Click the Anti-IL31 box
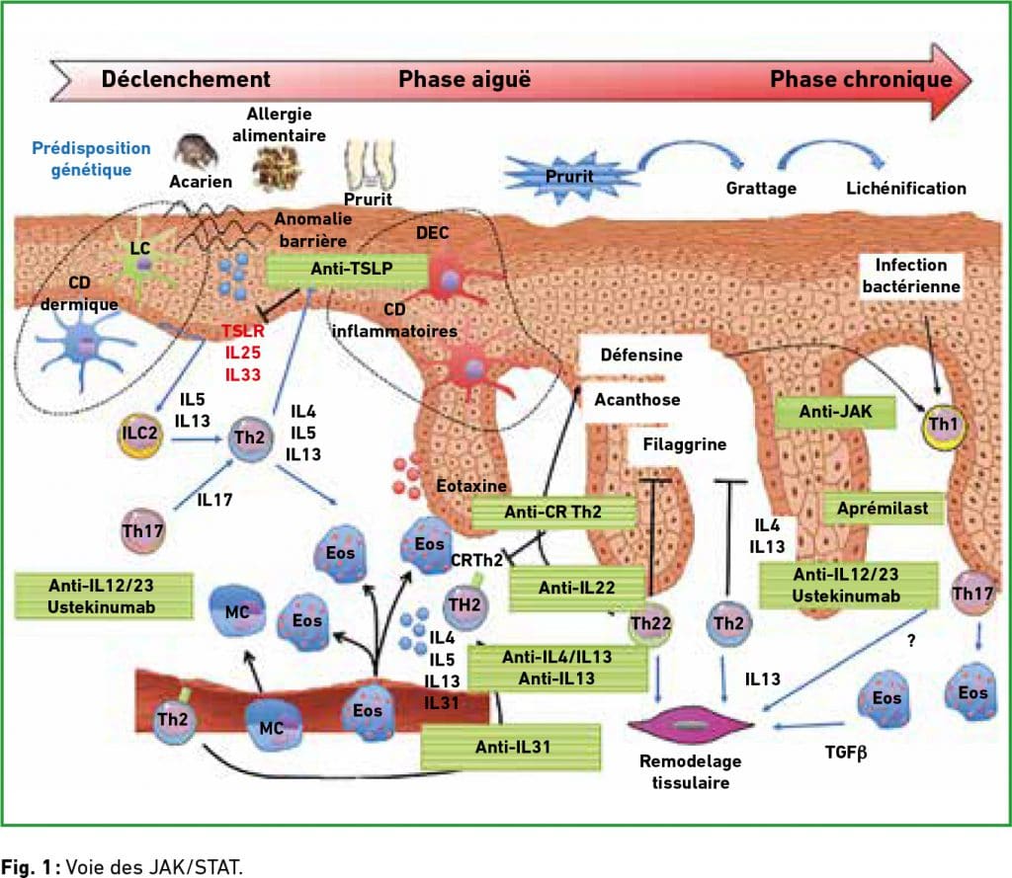511,747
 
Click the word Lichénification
906,189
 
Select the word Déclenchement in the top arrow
186,80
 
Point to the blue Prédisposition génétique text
91,158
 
